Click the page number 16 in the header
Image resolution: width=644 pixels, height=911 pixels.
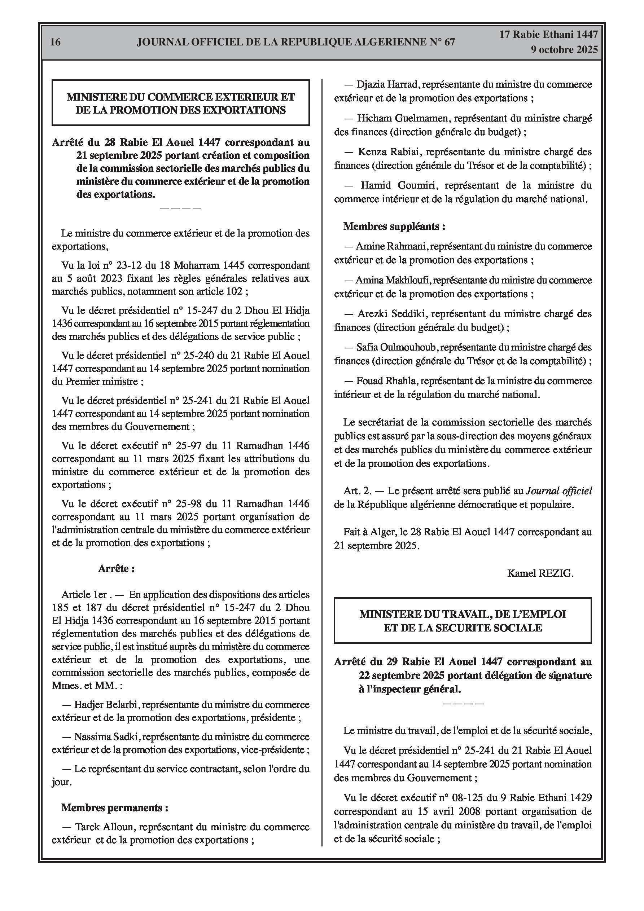56,42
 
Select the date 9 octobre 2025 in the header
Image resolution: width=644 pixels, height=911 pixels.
564,50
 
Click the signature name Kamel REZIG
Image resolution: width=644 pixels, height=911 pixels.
540,573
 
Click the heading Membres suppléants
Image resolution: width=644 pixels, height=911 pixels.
394,226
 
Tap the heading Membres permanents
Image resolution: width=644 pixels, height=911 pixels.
114,807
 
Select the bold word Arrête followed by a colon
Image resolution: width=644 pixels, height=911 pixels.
116,569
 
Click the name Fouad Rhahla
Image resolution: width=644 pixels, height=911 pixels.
386,381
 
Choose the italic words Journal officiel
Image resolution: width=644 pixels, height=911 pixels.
559,491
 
